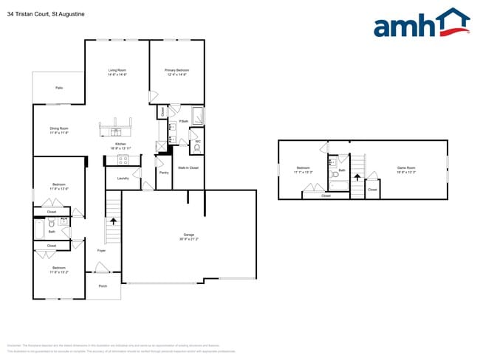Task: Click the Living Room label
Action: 117,70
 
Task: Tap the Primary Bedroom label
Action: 176,70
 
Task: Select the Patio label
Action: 59,88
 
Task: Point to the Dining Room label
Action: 59,128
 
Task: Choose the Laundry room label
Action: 123,178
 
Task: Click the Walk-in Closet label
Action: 188,167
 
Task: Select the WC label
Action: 197,140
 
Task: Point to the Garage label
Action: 188,235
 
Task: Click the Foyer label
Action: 101,251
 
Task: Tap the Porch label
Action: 103,286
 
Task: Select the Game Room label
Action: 406,167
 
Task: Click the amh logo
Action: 421,25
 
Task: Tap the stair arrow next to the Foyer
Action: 113,221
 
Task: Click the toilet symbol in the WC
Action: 197,148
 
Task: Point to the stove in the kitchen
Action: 123,159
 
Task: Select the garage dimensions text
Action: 188,239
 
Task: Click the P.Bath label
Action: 183,121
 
